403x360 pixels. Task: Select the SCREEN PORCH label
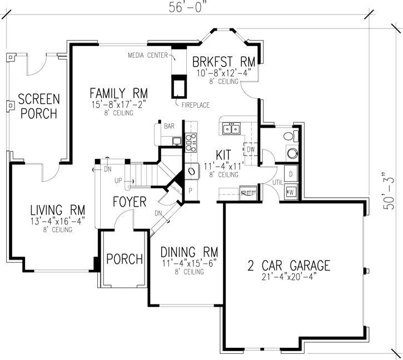point(38,106)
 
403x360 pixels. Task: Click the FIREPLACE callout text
point(193,103)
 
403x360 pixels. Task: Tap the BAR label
point(169,126)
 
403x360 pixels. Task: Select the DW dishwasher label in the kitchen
point(250,149)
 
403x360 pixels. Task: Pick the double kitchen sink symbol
point(232,129)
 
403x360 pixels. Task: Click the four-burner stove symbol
point(190,142)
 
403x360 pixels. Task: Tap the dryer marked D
point(291,174)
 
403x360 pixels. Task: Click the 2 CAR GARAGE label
point(288,266)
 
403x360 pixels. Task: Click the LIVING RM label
point(57,210)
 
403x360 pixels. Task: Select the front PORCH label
point(125,259)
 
